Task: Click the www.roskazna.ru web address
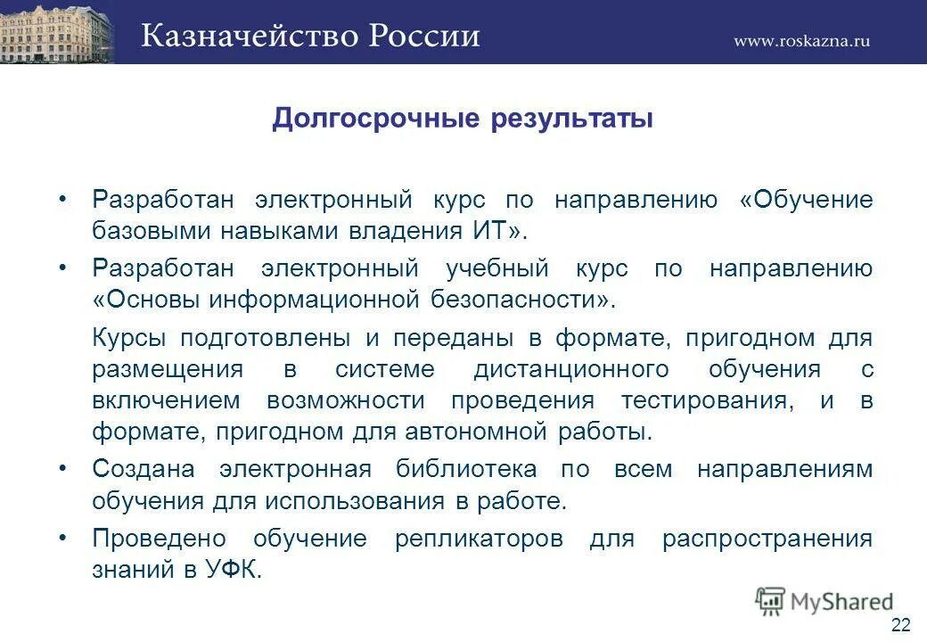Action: pyautogui.click(x=802, y=40)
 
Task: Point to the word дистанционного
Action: pyautogui.click(x=571, y=369)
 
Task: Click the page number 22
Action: pyautogui.click(x=900, y=622)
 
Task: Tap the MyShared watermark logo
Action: pyautogui.click(x=824, y=600)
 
